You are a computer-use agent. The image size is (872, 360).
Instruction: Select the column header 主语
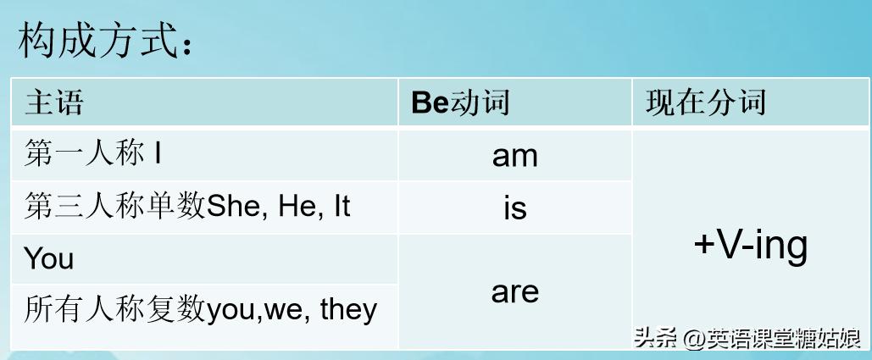click(x=54, y=103)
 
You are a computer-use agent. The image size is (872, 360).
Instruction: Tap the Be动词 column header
click(x=460, y=102)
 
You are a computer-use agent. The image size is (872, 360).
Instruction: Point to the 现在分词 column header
click(x=706, y=102)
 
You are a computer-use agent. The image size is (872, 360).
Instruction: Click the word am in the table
click(x=515, y=157)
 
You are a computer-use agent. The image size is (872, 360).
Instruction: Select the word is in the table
click(x=515, y=208)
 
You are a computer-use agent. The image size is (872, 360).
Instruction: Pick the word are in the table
click(x=515, y=292)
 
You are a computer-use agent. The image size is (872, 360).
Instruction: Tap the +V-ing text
click(x=751, y=246)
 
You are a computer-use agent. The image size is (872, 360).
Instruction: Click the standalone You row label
click(x=49, y=258)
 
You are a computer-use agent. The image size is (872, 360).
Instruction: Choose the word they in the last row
click(x=348, y=310)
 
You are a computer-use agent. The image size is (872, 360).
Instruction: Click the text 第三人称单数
click(x=115, y=208)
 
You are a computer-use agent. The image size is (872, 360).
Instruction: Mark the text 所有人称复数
click(x=115, y=310)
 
